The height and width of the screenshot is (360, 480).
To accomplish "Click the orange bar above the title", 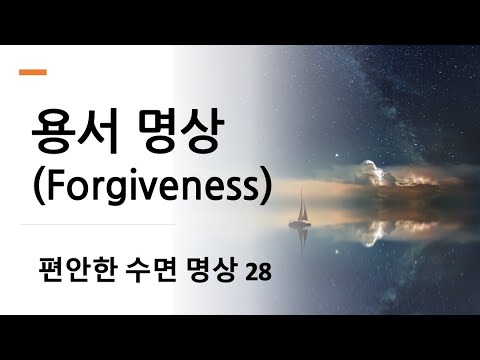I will click(33, 72).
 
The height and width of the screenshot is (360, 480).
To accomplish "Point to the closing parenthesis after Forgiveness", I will click(262, 189).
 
